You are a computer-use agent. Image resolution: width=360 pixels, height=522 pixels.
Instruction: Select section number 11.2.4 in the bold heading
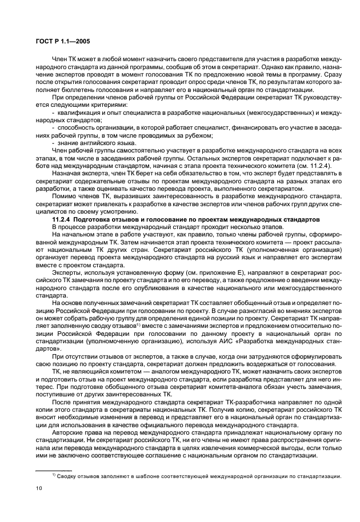[61, 220]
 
